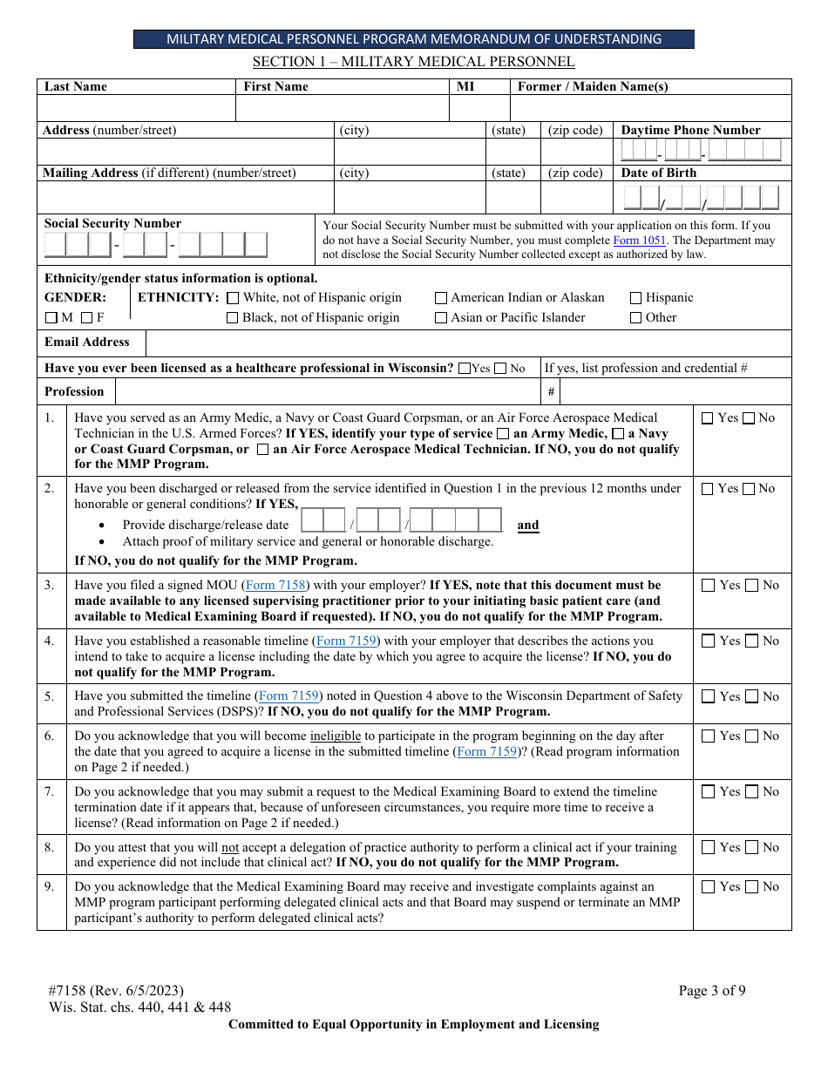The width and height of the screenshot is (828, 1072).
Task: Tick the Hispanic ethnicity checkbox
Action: coord(636,298)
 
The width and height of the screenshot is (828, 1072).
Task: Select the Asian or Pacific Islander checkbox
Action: coord(441,318)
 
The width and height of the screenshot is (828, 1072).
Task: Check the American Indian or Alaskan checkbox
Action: coord(441,298)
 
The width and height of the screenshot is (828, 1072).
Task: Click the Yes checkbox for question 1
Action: coord(707,418)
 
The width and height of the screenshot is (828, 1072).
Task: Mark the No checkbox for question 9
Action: coord(750,887)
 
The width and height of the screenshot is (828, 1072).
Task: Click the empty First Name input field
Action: coord(342,108)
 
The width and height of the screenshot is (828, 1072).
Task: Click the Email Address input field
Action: coord(468,343)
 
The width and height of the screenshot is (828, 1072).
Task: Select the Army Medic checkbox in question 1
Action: coord(503,434)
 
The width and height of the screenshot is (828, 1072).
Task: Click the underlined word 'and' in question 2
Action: coord(528,526)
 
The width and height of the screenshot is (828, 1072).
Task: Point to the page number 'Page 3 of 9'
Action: coord(712,990)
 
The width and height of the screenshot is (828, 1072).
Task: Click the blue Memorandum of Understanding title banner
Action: coord(414,39)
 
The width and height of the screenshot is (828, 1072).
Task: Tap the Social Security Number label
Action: coord(113,224)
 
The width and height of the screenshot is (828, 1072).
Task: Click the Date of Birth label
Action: coord(659,173)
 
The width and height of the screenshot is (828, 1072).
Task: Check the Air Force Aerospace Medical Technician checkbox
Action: coord(262,450)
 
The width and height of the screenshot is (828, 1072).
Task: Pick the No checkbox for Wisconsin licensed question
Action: coord(500,369)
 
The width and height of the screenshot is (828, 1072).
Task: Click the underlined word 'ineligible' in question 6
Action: coord(336,736)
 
